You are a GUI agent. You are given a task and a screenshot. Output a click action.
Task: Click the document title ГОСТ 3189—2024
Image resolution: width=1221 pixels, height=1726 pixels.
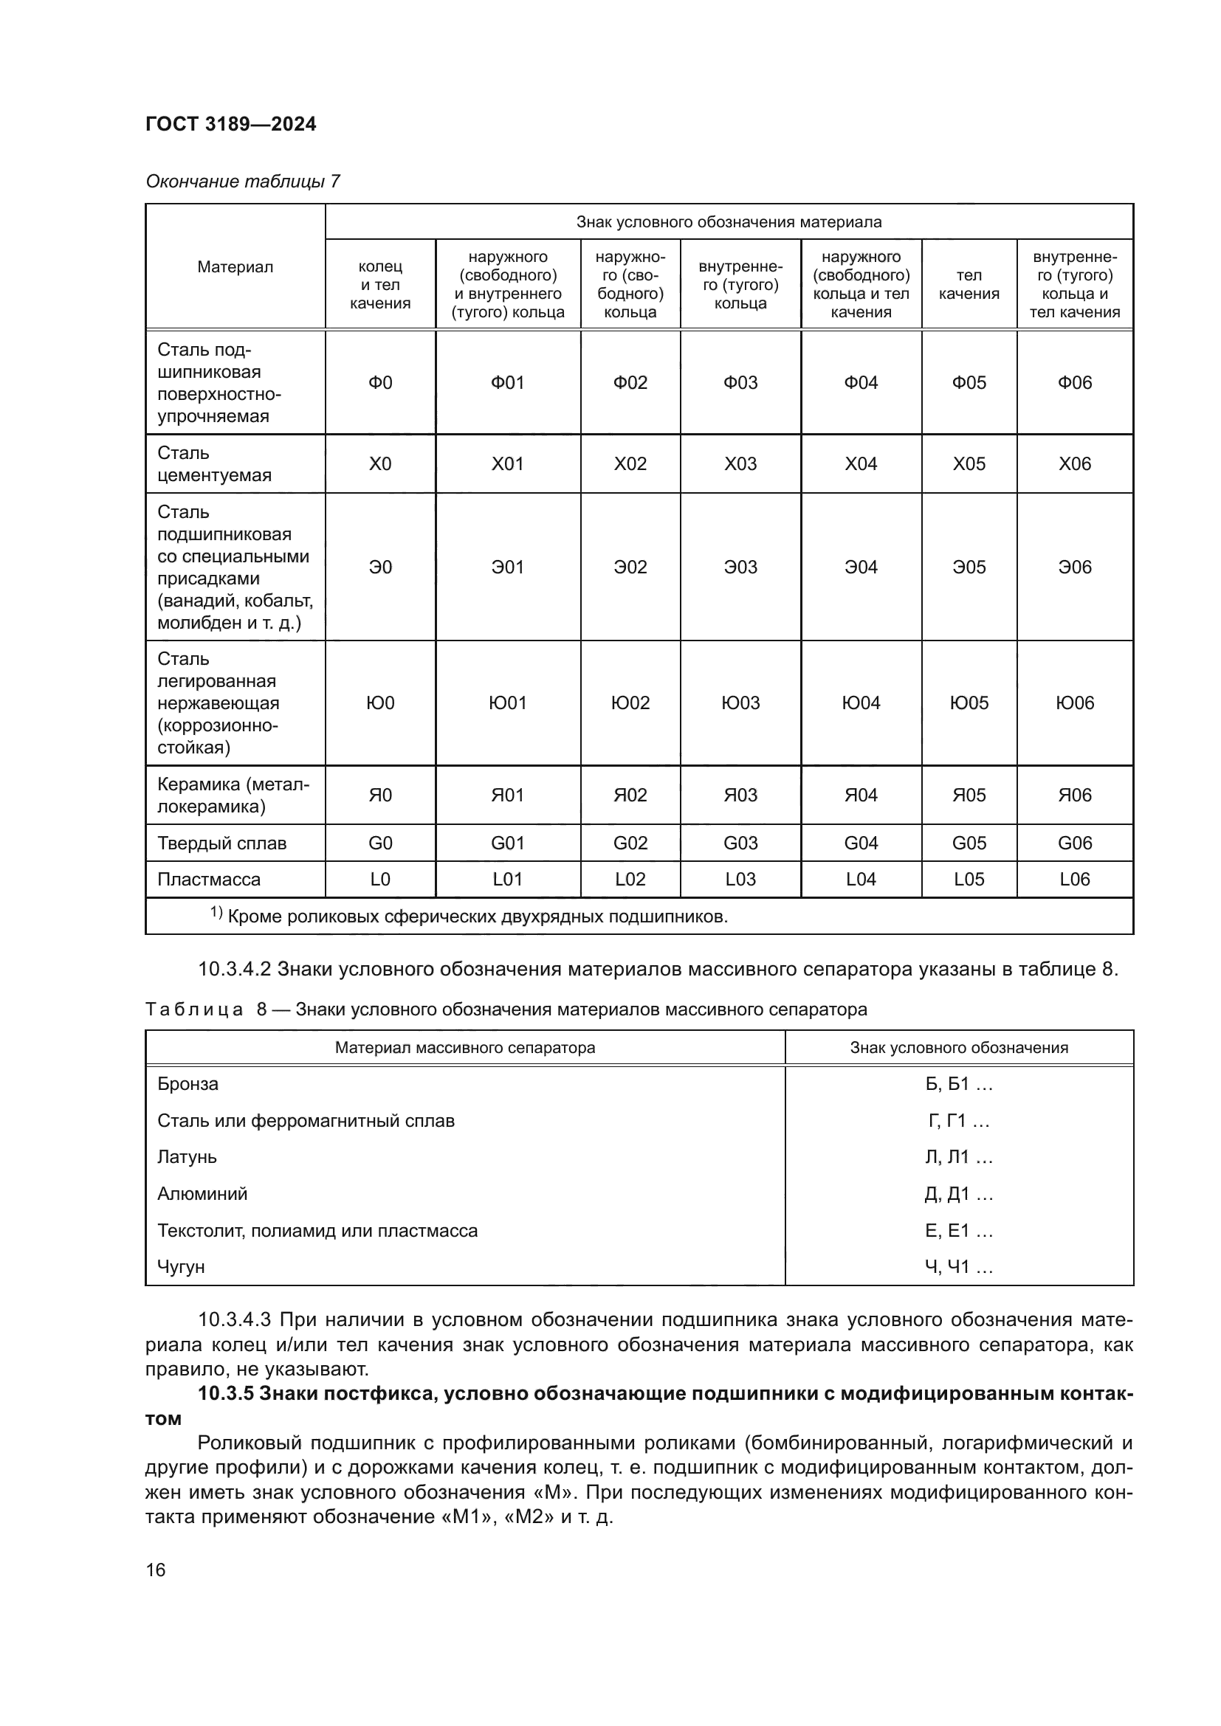point(231,124)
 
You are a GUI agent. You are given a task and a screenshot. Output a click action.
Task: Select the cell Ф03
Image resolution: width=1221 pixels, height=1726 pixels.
point(740,383)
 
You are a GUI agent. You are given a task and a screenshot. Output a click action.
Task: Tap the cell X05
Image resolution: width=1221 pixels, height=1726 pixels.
point(969,464)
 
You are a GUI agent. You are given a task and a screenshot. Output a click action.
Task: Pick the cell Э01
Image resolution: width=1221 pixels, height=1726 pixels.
point(507,567)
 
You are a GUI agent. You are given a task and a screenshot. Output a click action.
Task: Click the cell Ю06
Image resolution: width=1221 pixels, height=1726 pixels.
point(1074,703)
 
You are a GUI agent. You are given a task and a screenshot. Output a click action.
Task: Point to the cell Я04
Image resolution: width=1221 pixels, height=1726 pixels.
point(860,795)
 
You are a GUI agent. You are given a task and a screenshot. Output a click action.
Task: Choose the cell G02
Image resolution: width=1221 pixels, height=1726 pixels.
point(629,843)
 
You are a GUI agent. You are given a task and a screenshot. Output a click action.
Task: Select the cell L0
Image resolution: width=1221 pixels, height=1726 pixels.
point(379,879)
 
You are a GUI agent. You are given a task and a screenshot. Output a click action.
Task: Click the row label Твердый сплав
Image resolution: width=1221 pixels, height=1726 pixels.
point(221,843)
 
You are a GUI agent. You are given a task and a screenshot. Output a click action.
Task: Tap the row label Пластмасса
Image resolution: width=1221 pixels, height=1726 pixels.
point(209,879)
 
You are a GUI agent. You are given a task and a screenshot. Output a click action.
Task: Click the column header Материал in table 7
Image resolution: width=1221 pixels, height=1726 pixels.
point(235,267)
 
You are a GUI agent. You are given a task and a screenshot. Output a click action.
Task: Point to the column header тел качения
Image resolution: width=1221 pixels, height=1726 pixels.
point(969,285)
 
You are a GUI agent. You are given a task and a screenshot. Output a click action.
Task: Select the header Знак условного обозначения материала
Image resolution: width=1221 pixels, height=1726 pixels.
point(729,222)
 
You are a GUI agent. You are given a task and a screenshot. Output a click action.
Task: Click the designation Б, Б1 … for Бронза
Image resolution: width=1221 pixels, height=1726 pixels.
point(959,1084)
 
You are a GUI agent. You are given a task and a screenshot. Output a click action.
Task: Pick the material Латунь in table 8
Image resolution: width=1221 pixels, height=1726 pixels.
point(188,1157)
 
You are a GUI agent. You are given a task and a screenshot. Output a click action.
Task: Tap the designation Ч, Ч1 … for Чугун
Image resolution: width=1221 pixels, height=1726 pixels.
point(959,1268)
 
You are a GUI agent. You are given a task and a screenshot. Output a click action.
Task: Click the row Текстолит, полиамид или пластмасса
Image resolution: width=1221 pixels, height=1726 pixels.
point(317,1231)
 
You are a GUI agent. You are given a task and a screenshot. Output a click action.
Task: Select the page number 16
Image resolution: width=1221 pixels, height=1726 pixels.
point(156,1570)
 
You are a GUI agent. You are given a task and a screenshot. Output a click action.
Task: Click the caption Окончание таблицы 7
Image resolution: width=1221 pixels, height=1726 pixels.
point(243,182)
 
